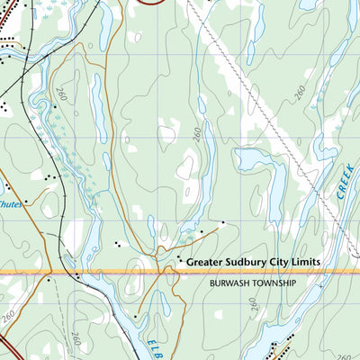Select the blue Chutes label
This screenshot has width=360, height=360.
(11, 203)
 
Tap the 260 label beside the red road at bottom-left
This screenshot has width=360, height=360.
(10, 317)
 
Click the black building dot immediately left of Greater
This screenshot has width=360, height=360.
(179, 261)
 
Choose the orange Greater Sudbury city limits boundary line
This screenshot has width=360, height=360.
(108, 269)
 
